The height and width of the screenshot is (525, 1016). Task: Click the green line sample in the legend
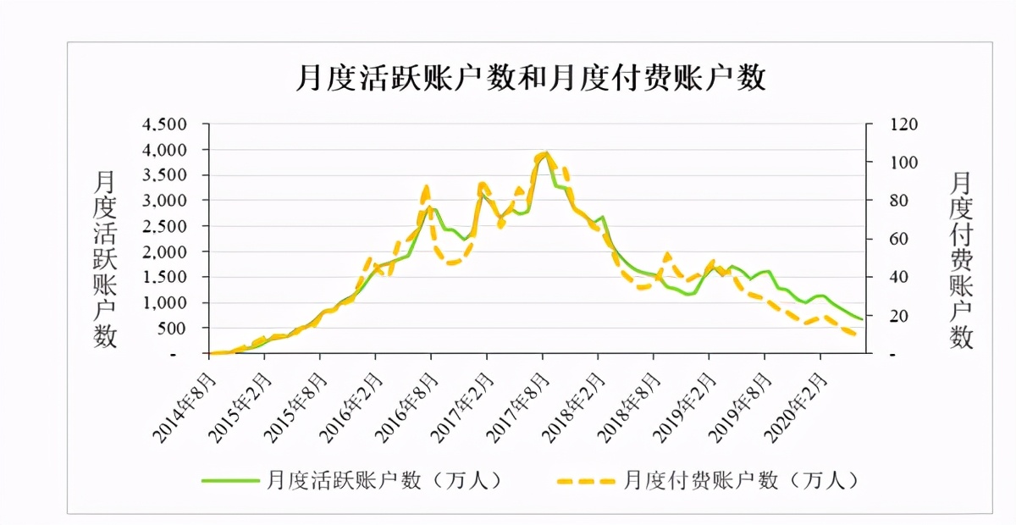click(x=229, y=480)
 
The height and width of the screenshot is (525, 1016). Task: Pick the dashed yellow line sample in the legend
click(x=584, y=480)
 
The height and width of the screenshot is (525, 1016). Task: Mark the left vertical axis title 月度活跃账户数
click(x=105, y=258)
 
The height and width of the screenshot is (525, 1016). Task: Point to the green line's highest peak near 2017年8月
click(x=546, y=153)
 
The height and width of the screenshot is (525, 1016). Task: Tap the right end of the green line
click(x=862, y=319)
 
